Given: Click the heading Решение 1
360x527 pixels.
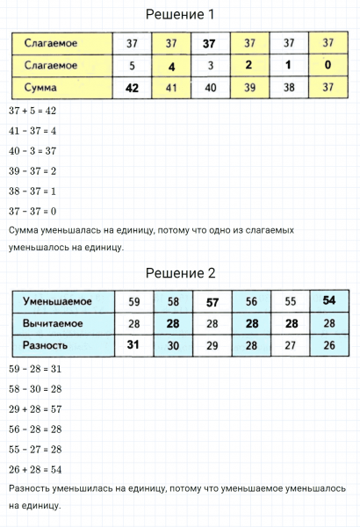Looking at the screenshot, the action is (x=179, y=15).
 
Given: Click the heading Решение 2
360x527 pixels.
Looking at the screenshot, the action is (x=179, y=273).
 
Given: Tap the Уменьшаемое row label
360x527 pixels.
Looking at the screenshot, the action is (x=58, y=301).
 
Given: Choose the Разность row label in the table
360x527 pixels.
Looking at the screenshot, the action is (x=47, y=345).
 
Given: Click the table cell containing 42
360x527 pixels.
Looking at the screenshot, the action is (x=133, y=88).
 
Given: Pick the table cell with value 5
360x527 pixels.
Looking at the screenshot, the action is (x=133, y=65).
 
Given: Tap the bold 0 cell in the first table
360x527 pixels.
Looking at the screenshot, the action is (x=328, y=65).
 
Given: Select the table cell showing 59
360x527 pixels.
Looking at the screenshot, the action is (x=134, y=301).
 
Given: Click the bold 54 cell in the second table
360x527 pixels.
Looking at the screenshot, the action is (x=328, y=301).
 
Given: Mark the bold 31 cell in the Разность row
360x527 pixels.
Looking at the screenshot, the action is (x=134, y=345).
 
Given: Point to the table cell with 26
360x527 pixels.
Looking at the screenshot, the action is (x=328, y=345).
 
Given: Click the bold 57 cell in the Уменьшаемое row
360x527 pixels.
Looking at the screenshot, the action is (x=212, y=301).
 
